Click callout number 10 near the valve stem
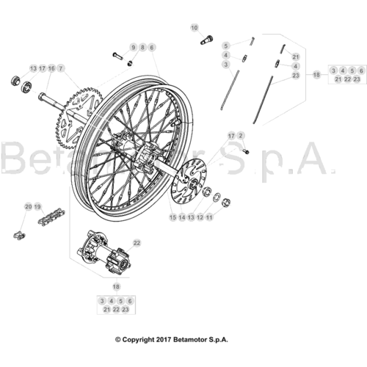click(194, 28)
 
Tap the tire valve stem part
click(207, 40)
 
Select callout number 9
click(134, 48)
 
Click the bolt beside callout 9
click(117, 55)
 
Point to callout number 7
click(61, 68)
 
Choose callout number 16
click(51, 68)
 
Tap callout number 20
click(29, 207)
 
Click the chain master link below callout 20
click(19, 236)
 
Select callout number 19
click(37, 207)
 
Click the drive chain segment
click(50, 217)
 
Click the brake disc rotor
click(188, 182)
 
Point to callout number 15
click(172, 217)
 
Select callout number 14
click(182, 217)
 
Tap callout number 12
click(200, 217)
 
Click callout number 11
click(209, 217)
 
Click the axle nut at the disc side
click(226, 202)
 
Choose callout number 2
click(241, 136)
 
